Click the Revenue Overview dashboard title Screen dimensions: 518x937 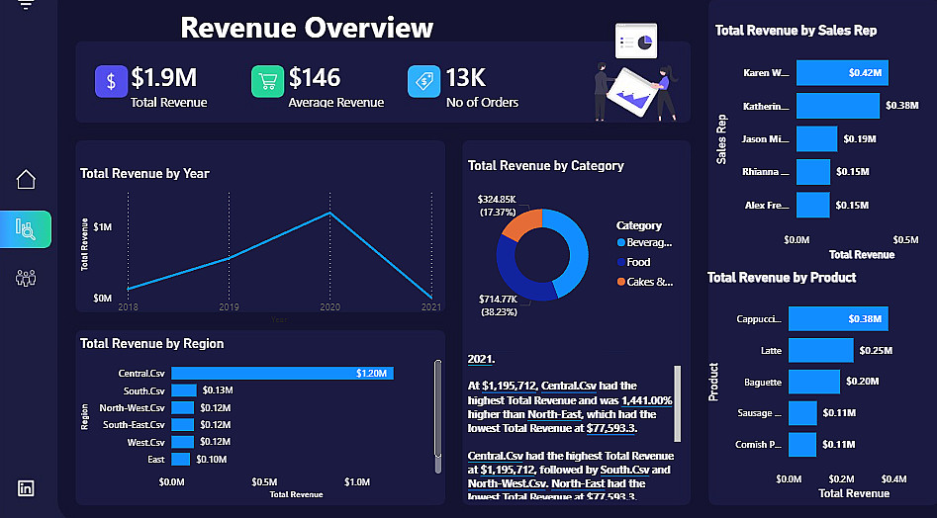(x=307, y=28)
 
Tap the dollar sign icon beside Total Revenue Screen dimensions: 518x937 (x=111, y=81)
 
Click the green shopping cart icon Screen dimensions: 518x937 (x=267, y=81)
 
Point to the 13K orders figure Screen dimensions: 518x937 (x=464, y=78)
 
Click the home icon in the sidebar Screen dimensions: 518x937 (x=27, y=179)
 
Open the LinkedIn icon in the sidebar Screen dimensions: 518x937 (x=26, y=487)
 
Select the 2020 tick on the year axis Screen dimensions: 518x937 (x=330, y=308)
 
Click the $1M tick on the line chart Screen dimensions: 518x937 (x=103, y=227)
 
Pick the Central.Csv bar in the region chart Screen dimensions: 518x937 (x=282, y=373)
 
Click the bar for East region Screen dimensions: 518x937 (x=180, y=460)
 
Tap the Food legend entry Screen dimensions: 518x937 (x=638, y=262)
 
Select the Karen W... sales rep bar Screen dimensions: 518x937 (x=842, y=72)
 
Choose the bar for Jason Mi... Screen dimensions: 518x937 (x=816, y=139)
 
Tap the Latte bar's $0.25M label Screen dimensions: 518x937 (x=875, y=351)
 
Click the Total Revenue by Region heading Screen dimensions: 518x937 (x=151, y=343)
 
